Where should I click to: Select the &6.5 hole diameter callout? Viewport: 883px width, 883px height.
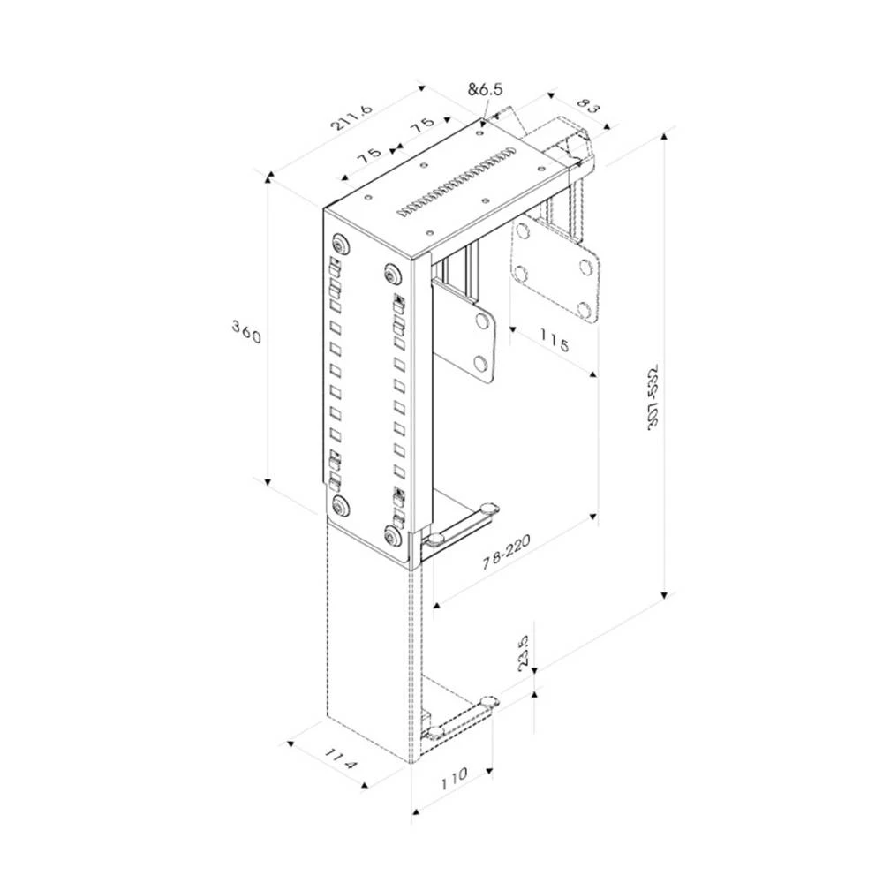485,89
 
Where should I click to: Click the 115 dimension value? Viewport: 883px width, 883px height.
552,341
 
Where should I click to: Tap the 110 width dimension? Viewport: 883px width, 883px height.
452,777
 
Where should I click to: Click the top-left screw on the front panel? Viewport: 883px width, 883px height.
340,244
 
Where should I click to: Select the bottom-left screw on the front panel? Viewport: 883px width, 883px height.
339,506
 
